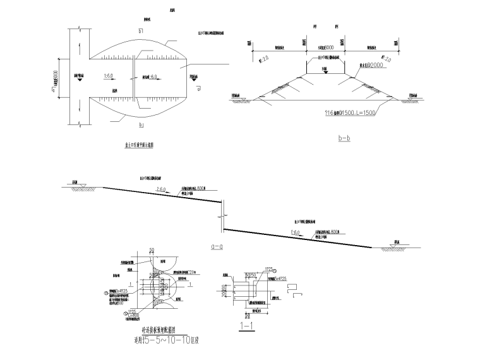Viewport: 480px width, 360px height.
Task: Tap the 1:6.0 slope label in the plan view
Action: (x=109, y=76)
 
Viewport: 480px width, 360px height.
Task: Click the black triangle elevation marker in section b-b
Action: (x=325, y=71)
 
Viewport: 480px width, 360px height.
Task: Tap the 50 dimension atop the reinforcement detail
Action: (x=152, y=252)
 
